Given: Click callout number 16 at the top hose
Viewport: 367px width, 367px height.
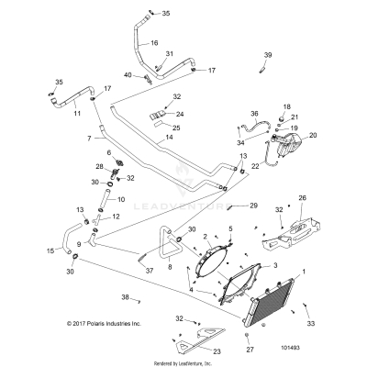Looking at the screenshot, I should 154,42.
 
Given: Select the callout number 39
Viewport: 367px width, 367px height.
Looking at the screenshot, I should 269,56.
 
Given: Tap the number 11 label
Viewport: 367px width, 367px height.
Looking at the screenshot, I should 76,114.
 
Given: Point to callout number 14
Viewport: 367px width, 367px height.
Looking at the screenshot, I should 169,137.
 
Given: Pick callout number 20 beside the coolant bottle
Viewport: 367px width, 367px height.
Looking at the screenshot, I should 312,135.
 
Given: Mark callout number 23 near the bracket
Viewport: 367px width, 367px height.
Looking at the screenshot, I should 217,350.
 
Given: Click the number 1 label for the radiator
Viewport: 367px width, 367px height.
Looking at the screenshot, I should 318,273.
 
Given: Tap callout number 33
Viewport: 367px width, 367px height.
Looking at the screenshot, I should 311,324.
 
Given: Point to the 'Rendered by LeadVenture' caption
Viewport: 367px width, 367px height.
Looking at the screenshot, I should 183,362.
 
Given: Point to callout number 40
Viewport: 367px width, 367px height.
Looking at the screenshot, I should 128,74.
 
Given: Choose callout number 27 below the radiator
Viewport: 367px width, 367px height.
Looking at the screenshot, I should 250,350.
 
